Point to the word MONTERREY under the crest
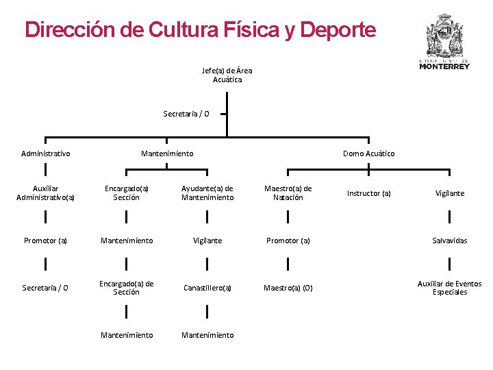(444, 66)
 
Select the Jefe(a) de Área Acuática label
(227, 75)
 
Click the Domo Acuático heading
(368, 153)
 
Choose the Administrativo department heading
(46, 153)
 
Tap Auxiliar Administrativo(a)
(46, 193)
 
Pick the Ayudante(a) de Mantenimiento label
(207, 193)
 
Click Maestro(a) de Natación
(288, 193)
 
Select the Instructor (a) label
(368, 193)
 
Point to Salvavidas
(450, 241)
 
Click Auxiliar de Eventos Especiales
(450, 288)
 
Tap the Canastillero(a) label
(207, 288)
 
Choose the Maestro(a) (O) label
(288, 288)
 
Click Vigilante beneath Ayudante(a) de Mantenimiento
(207, 241)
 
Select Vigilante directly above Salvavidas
(450, 193)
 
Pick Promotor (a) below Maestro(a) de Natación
(288, 241)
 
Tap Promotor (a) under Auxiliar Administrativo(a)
(46, 241)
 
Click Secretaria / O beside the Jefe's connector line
(186, 114)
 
